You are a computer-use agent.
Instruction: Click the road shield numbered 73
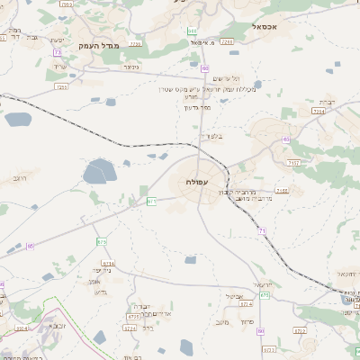[x=58, y=53]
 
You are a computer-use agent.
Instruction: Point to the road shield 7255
[x=62, y=87]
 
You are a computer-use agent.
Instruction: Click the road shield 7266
[x=227, y=41]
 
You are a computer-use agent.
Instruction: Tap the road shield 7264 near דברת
[x=319, y=111]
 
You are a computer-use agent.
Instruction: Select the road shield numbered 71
[x=261, y=231]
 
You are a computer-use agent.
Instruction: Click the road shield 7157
[x=293, y=163]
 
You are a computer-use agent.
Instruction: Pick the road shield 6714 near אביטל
[x=245, y=304]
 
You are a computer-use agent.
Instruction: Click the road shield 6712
[x=301, y=331]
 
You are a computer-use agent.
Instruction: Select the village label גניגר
[x=131, y=67]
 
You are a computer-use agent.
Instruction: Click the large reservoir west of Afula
[x=100, y=171]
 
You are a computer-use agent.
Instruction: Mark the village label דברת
[x=329, y=102]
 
